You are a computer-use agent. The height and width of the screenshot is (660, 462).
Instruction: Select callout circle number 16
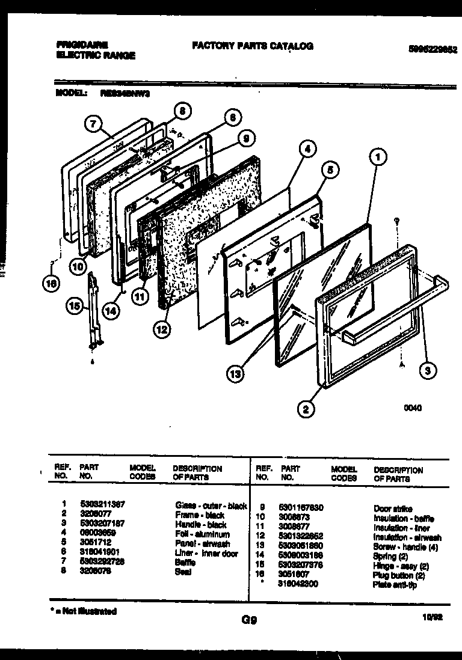tap(54, 284)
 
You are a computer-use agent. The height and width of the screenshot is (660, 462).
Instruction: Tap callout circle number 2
tap(306, 410)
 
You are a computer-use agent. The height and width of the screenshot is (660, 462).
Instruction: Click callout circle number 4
tap(307, 148)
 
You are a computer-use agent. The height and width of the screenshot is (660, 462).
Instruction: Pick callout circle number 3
tap(427, 370)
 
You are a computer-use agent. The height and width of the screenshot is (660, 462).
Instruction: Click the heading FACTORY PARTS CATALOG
tap(252, 46)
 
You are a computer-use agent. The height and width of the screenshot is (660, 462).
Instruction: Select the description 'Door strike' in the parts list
tap(393, 509)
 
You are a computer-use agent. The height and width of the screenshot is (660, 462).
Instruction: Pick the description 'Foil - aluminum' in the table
tap(202, 534)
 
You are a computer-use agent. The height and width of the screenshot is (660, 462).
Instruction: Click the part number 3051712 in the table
tap(96, 543)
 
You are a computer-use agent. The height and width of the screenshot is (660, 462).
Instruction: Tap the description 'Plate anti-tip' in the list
tap(394, 584)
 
